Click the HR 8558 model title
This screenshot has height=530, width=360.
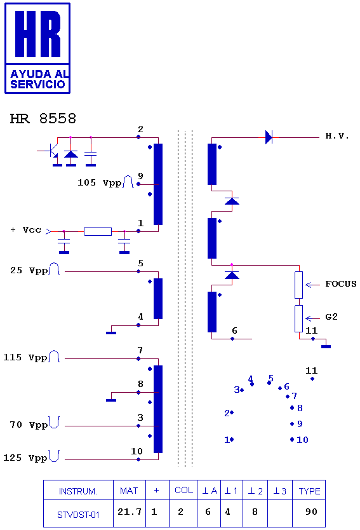coord(43,119)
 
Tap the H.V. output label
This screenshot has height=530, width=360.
coord(337,136)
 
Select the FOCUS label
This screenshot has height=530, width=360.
coord(341,283)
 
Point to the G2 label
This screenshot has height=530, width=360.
coord(331,316)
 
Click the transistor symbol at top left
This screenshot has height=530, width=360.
coord(51,151)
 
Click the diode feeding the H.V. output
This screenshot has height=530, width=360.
coord(269,137)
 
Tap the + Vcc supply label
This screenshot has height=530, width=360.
coord(25,230)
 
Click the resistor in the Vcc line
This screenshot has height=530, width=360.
coord(98,231)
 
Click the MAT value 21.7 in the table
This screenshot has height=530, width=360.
coord(130,512)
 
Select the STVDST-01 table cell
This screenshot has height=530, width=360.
coord(78,515)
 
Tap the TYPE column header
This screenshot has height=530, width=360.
coord(309,491)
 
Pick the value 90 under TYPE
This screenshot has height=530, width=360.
coord(311,512)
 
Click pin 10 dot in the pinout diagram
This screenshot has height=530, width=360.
coord(292,439)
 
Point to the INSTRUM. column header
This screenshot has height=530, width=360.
coord(78,491)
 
